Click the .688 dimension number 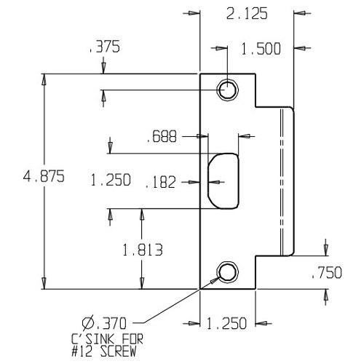click(160, 136)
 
